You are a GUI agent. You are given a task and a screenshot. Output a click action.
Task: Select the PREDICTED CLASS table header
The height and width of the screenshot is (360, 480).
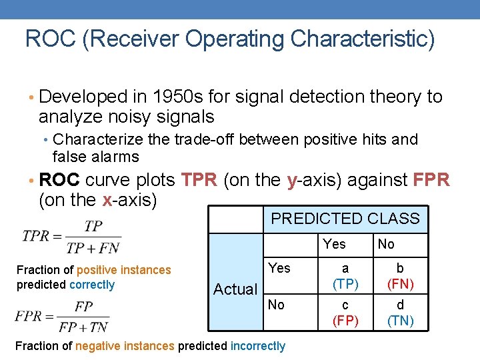click(x=345, y=219)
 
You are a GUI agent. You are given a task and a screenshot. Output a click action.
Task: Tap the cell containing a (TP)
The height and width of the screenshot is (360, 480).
click(x=345, y=276)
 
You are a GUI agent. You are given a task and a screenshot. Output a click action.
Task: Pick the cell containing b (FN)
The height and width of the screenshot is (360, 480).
click(x=400, y=276)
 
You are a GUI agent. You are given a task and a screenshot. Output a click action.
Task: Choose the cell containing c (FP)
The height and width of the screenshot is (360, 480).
click(x=345, y=313)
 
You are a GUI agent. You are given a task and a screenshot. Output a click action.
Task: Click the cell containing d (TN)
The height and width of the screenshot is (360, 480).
click(x=400, y=313)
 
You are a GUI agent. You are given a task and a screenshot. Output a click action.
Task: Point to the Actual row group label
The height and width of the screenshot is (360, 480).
click(x=235, y=289)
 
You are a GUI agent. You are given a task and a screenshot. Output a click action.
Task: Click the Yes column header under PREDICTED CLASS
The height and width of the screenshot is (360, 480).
click(x=334, y=244)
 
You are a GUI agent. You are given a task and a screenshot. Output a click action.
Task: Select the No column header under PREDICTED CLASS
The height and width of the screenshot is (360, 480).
click(x=386, y=244)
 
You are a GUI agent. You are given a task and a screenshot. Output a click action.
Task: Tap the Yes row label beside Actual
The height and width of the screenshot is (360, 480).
click(x=279, y=268)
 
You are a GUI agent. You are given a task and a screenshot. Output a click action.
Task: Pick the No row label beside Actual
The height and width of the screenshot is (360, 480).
click(x=276, y=305)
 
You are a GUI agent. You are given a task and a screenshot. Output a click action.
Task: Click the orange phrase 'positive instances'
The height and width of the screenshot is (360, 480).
click(x=124, y=270)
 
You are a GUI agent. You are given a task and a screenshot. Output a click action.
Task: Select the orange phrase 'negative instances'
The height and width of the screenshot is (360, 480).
click(x=125, y=346)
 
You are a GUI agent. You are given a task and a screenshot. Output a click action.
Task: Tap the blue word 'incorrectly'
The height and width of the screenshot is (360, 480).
click(x=257, y=346)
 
